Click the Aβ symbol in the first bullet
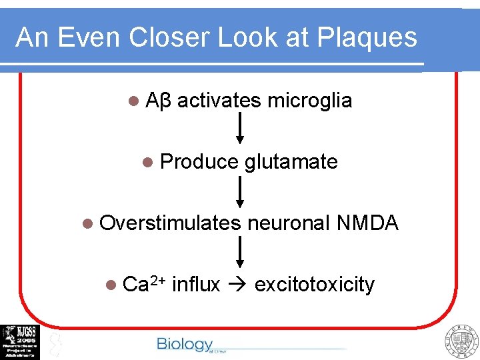tap(158, 101)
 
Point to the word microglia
tap(309, 101)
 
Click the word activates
tap(219, 101)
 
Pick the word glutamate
tap(291, 162)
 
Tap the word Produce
tap(199, 162)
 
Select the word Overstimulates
tap(170, 223)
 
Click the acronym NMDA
tap(367, 223)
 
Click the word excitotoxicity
tap(315, 285)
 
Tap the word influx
tap(195, 285)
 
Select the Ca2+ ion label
tap(144, 284)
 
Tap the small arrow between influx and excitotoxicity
tap(237, 285)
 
